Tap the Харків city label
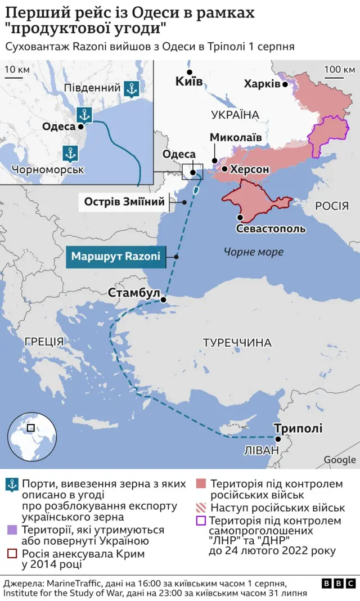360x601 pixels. pyautogui.click(x=262, y=83)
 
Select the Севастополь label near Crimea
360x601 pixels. pyautogui.click(x=271, y=229)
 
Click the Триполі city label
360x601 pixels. pyautogui.click(x=298, y=428)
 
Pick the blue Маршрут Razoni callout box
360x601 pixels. pyautogui.click(x=115, y=257)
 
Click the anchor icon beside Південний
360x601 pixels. pyautogui.click(x=132, y=88)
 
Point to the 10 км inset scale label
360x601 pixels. pyautogui.click(x=17, y=70)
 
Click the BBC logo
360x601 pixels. pyautogui.click(x=339, y=584)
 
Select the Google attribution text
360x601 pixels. pyautogui.click(x=339, y=460)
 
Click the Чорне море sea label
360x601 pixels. pyautogui.click(x=253, y=252)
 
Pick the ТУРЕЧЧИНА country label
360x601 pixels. pyautogui.click(x=237, y=343)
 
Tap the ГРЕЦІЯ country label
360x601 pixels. pyautogui.click(x=44, y=340)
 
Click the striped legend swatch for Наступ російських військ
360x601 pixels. pyautogui.click(x=201, y=508)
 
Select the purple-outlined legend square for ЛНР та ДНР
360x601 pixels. pyautogui.click(x=201, y=522)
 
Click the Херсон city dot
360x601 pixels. pyautogui.click(x=224, y=169)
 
